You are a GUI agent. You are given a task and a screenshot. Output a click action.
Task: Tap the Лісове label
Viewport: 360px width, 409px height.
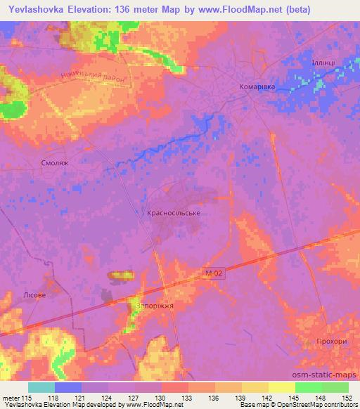[34, 295]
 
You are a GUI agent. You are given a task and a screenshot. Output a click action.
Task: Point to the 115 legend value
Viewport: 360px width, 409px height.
[27, 398]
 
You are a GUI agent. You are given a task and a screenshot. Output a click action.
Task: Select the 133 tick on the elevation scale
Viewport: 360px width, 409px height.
[187, 398]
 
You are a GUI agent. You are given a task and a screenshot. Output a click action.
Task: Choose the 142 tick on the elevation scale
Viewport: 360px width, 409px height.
[268, 398]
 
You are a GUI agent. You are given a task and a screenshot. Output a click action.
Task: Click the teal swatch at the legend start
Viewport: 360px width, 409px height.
[41, 387]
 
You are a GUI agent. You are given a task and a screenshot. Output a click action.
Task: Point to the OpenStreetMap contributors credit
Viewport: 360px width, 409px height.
[314, 405]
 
